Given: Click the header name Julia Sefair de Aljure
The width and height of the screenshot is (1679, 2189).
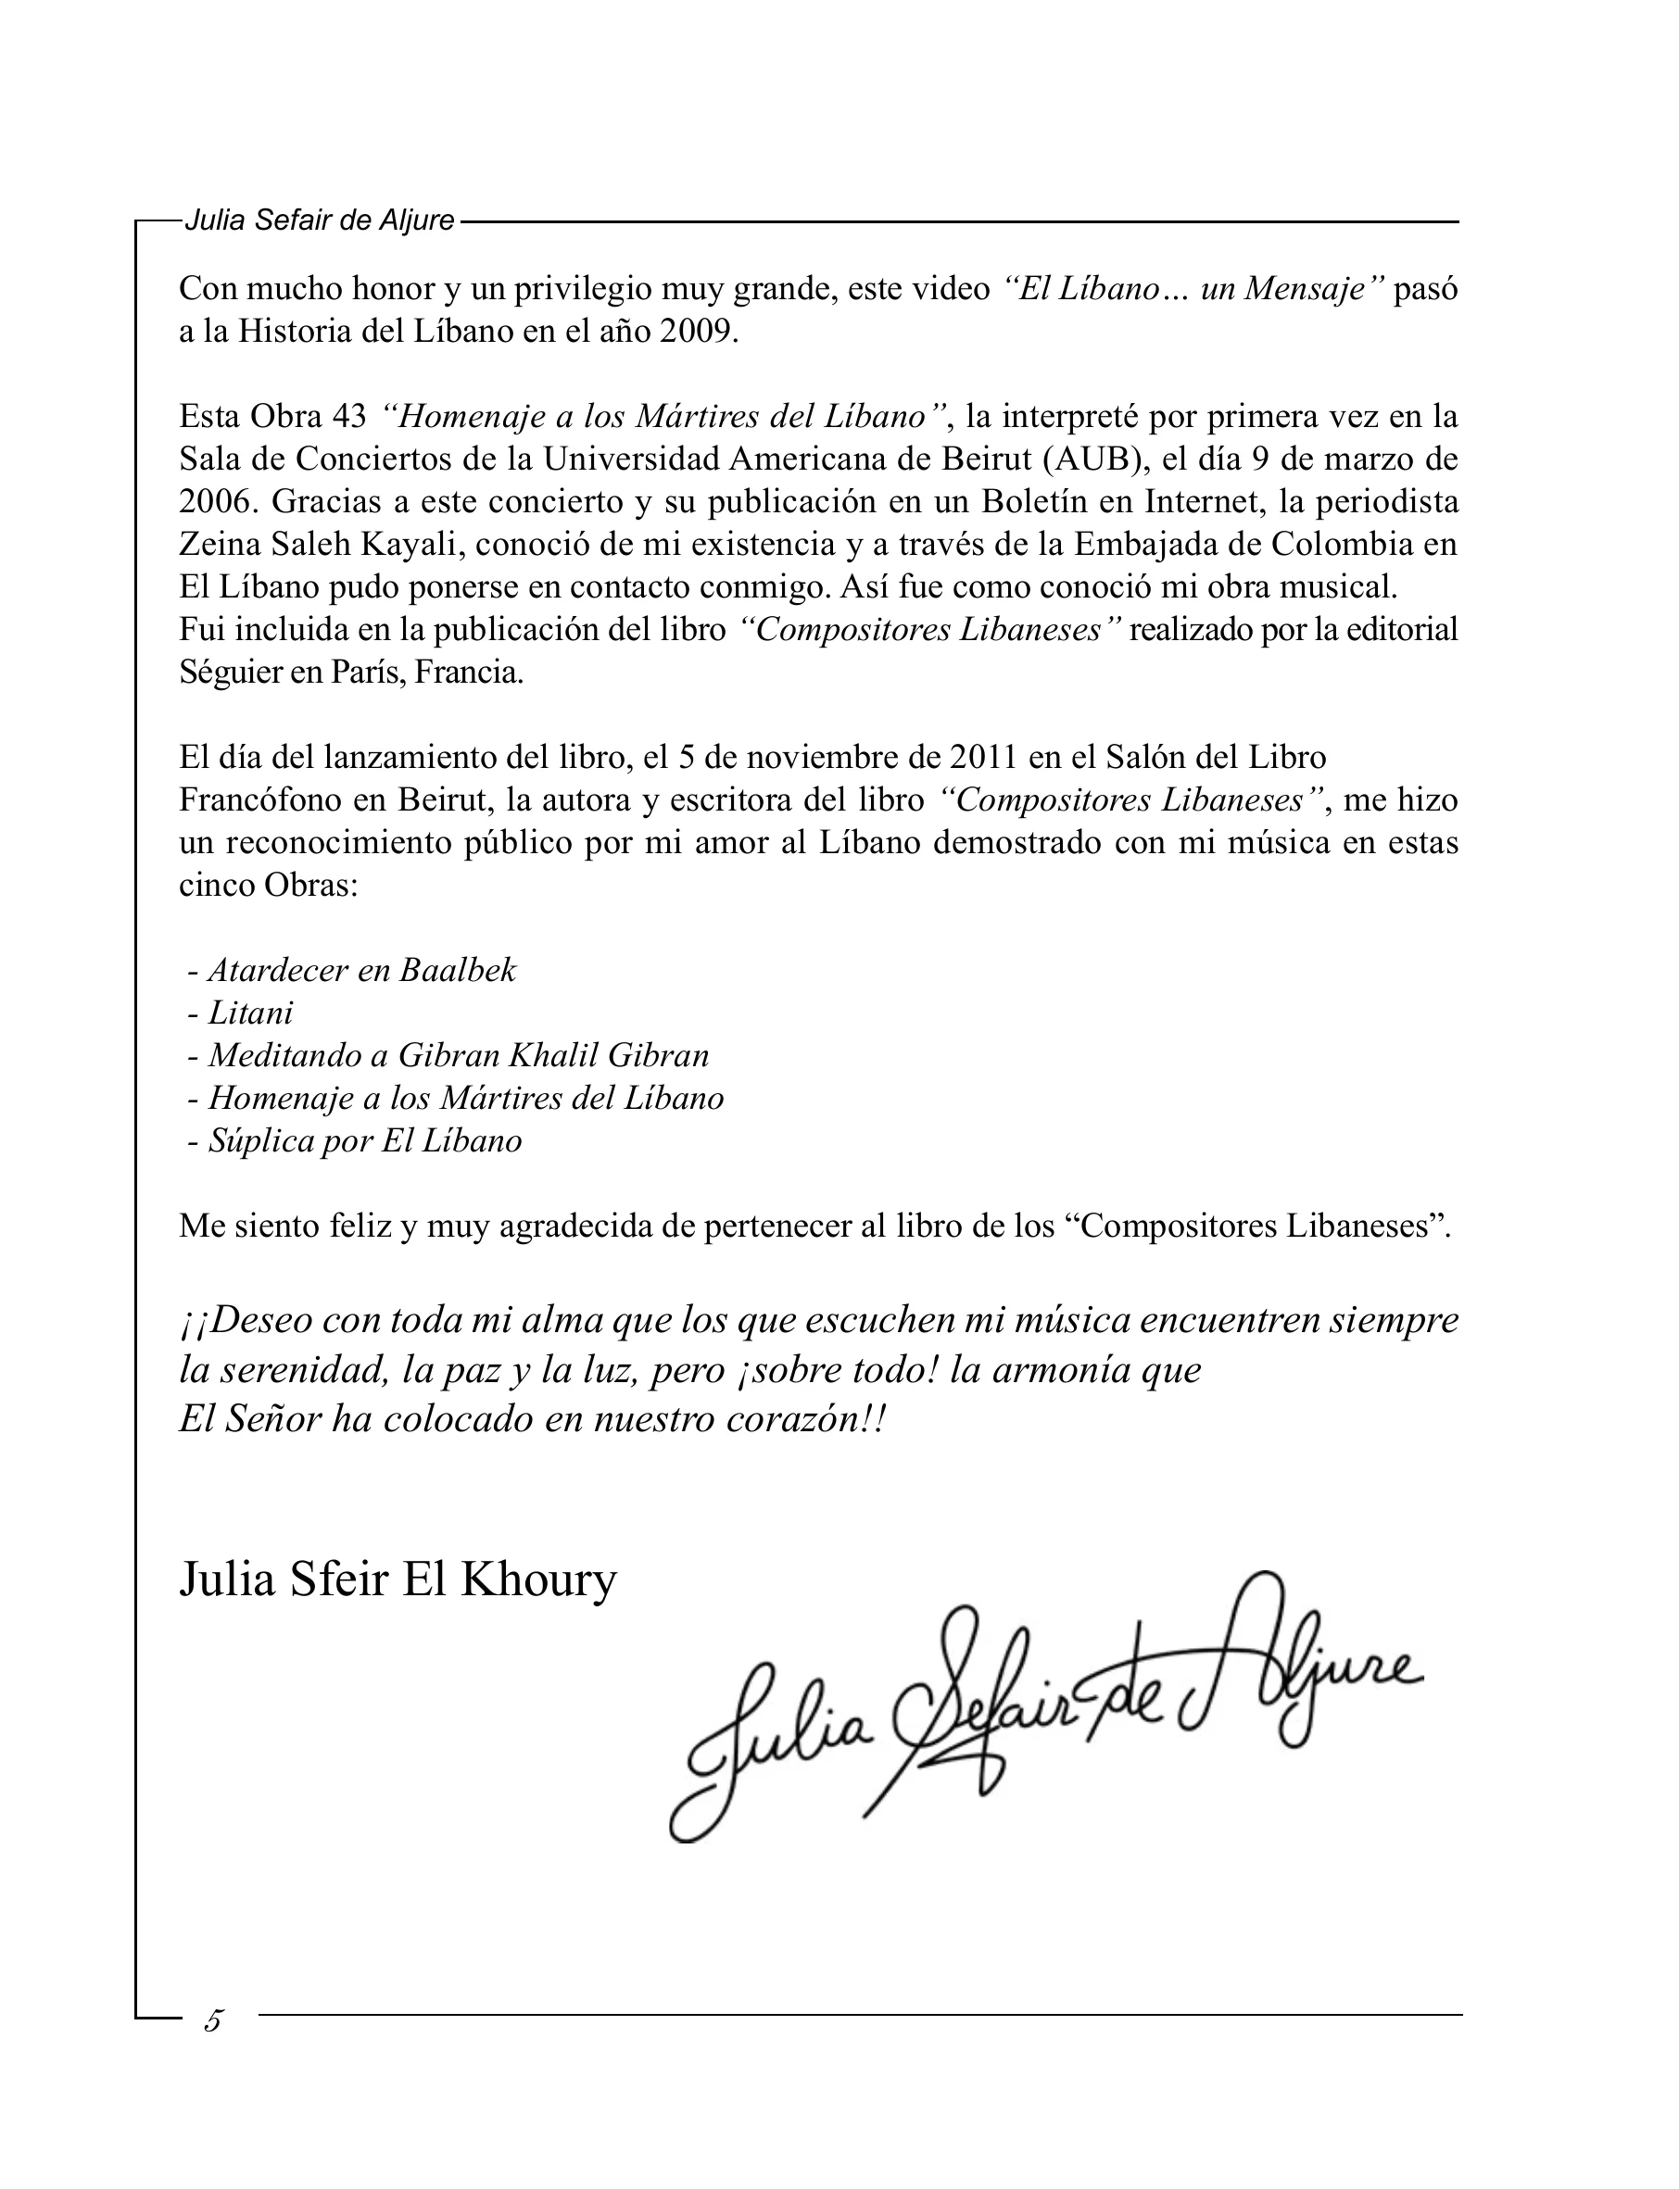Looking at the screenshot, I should point(319,220).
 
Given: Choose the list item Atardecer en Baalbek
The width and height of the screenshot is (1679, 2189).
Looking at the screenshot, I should point(360,970).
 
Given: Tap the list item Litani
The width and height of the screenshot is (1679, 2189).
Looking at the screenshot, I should point(250,1013).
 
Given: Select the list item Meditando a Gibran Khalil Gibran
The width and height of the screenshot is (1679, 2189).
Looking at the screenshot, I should point(458,1056).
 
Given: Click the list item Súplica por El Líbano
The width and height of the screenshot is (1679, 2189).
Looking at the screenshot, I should point(364,1141).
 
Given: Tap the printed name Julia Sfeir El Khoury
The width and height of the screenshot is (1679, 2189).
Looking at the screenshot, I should point(398,1580).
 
